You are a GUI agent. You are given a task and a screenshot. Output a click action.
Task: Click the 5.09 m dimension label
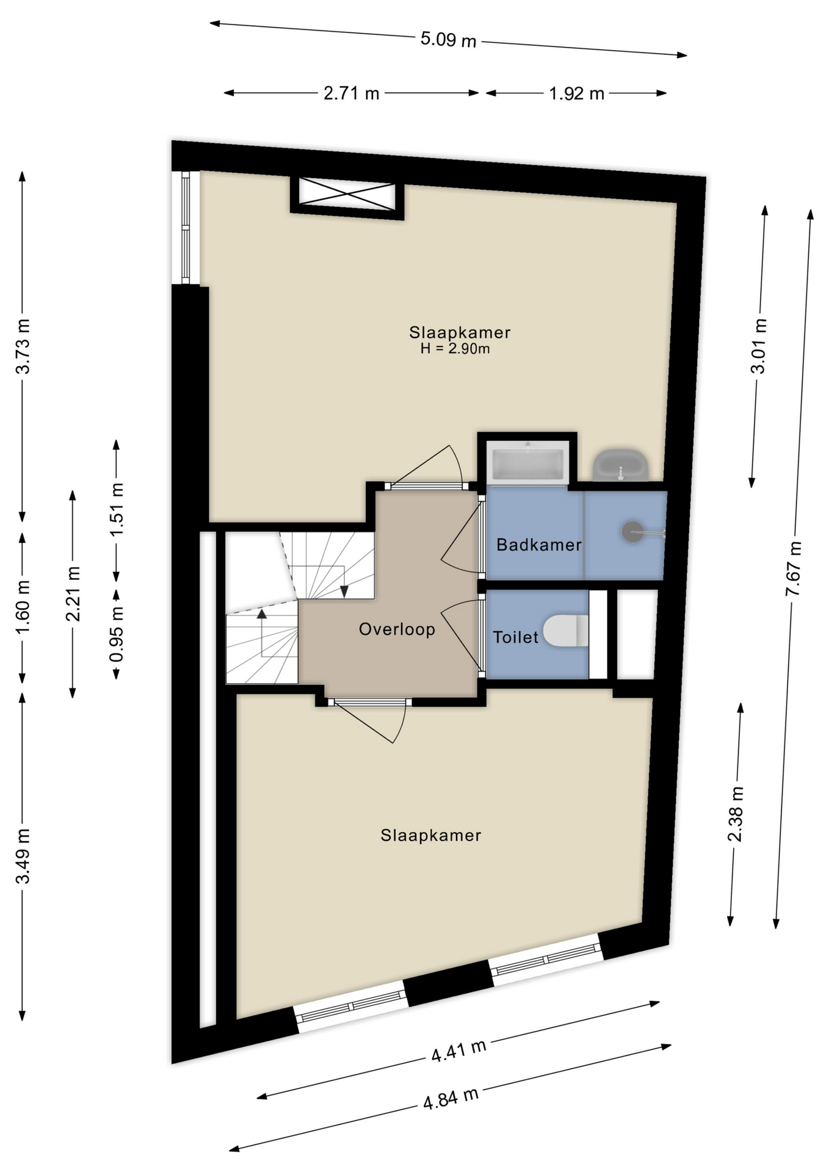(448, 40)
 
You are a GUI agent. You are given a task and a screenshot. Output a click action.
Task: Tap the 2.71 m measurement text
(351, 93)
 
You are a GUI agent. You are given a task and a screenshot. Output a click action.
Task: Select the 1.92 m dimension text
(576, 93)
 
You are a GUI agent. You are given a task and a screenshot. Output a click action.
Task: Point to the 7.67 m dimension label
(794, 568)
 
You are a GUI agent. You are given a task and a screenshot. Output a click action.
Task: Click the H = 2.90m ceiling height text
(455, 349)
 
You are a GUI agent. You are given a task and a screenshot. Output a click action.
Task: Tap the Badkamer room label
(538, 544)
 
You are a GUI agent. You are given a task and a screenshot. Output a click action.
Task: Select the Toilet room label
(516, 637)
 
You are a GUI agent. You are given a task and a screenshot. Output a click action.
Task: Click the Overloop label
(397, 629)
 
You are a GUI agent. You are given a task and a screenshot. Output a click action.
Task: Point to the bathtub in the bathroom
(528, 463)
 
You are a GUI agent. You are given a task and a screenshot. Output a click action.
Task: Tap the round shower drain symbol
(632, 531)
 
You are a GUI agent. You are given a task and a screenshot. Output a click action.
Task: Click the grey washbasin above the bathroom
(620, 465)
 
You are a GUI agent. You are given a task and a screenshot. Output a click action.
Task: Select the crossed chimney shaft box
(347, 195)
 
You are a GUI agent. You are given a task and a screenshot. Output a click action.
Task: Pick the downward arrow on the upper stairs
(344, 591)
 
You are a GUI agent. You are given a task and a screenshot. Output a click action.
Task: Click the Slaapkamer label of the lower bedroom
(431, 835)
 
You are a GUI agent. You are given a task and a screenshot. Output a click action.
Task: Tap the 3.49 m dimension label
(23, 856)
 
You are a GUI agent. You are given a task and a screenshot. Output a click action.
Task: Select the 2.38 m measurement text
(736, 814)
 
